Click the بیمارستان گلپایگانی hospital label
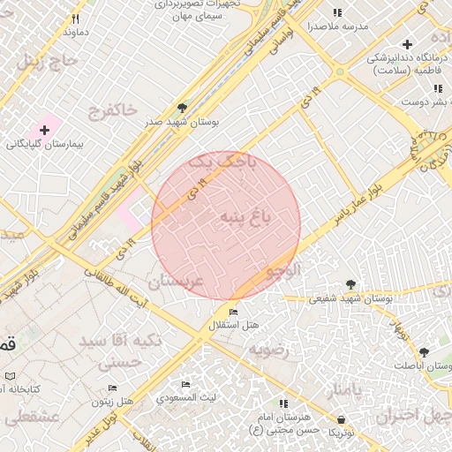[x=44, y=142]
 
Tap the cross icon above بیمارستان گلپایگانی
[x=44, y=130]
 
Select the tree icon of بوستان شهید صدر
[x=182, y=109]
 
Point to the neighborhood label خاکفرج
[x=113, y=109]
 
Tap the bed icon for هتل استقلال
[x=233, y=313]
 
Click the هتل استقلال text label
[x=233, y=326]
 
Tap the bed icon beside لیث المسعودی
[x=185, y=385]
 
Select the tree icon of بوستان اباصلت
[x=424, y=351]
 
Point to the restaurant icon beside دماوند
[x=77, y=19]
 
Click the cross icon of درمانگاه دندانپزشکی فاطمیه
[x=407, y=44]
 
